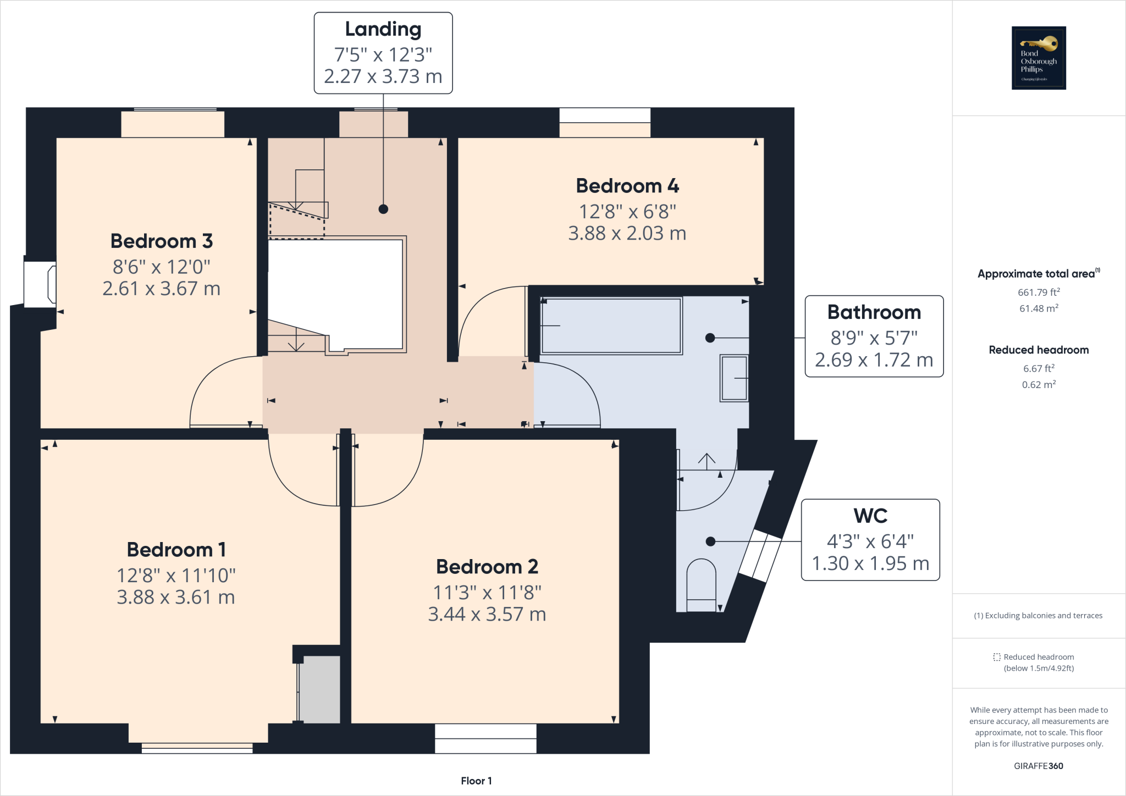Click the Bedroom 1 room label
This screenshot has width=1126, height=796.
coord(176,549)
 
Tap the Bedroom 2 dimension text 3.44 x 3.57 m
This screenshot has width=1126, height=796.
coord(487,614)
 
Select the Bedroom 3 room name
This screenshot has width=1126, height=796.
coord(161,241)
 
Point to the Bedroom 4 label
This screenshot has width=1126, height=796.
coord(627,186)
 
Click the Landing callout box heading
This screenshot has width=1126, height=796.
coord(383,29)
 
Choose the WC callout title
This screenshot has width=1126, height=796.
coord(870,516)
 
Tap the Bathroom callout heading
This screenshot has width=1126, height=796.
coord(874,312)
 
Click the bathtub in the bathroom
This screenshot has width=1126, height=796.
coord(611,326)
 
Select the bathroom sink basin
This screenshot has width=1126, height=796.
coord(734,378)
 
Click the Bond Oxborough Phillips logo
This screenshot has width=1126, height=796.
coord(1039,58)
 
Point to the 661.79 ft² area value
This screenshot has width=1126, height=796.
coord(1039,292)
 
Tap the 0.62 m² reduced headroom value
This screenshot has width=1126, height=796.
coord(1039,385)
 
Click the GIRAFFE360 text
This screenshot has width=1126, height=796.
coord(1038,766)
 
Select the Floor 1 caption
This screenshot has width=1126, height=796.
coord(476,781)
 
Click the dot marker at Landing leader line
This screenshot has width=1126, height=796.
coord(383,209)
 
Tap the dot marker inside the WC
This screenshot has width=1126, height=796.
coord(710,541)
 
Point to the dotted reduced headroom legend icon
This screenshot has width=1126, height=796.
coord(997,657)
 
